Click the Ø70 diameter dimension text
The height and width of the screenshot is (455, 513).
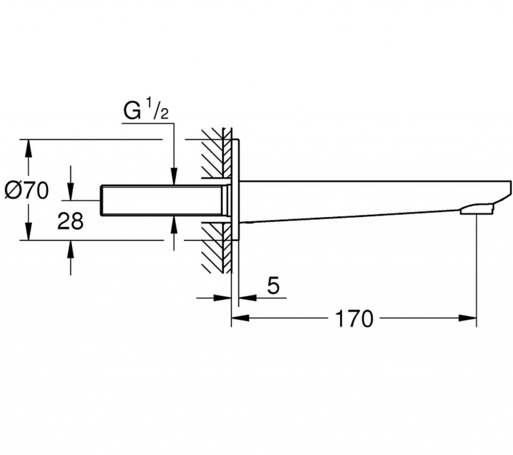27,190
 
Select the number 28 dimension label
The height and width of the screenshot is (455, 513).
70,220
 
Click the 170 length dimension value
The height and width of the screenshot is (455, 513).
355,318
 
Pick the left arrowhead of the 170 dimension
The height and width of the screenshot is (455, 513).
237,317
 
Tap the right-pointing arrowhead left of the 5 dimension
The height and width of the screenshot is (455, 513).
223,298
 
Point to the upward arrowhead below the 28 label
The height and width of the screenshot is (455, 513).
70,248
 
